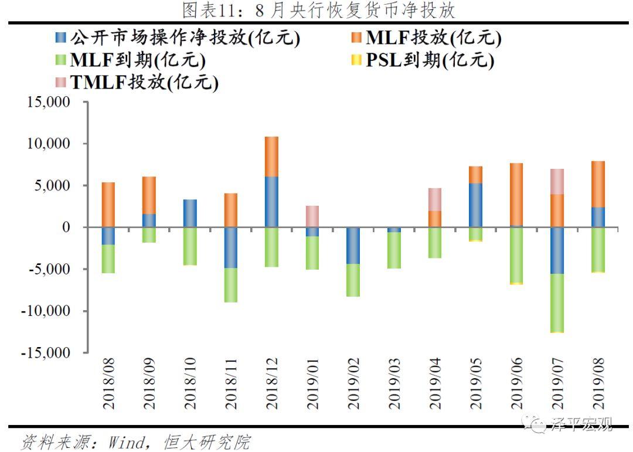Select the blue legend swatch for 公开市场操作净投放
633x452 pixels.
[x=61, y=38]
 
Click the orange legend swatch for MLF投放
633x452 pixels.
[x=356, y=38]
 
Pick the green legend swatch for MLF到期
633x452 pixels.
[x=61, y=60]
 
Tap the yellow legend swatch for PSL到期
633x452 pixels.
[x=356, y=60]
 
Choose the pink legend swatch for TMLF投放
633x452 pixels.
[x=61, y=82]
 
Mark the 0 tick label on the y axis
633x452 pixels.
[x=74, y=227]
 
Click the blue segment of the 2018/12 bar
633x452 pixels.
[x=271, y=202]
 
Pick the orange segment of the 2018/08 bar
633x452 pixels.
[x=108, y=205]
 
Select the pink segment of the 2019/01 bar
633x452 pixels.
[x=312, y=216]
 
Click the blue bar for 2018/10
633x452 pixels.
[x=190, y=213]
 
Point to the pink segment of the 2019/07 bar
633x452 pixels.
[x=557, y=181]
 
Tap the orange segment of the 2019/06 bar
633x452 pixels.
[x=516, y=194]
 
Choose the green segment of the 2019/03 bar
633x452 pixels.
[x=394, y=250]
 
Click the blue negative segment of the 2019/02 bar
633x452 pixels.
[x=353, y=246]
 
